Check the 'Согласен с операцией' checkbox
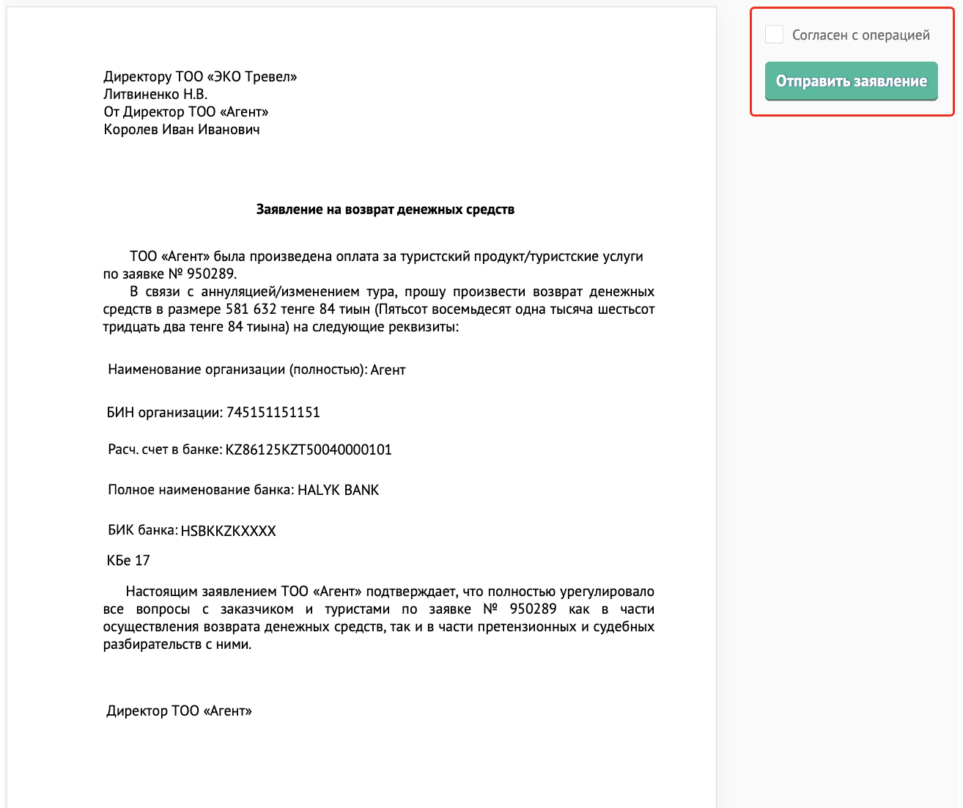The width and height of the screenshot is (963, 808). tap(774, 34)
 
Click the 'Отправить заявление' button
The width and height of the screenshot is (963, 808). tap(851, 81)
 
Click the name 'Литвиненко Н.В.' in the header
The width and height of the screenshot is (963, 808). tap(155, 95)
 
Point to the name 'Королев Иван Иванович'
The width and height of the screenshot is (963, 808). tap(182, 130)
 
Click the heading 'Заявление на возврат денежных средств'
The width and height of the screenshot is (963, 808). tap(385, 210)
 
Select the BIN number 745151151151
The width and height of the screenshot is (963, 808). tap(273, 412)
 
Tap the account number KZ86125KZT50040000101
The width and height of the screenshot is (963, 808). tap(309, 449)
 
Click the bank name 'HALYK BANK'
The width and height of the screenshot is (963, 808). tap(338, 490)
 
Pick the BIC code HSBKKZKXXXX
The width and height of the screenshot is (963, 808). tap(228, 531)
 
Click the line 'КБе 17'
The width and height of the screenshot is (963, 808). tap(128, 561)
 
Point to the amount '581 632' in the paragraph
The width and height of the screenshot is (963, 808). tap(251, 309)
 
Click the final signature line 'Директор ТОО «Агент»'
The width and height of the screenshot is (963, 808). tap(179, 710)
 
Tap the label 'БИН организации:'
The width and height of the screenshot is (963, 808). tap(164, 412)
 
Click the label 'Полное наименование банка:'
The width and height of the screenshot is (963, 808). tap(201, 490)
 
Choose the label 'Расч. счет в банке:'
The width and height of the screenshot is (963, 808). tap(165, 449)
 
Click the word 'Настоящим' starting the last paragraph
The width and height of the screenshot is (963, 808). tap(161, 592)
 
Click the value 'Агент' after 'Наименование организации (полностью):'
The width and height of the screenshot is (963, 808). tap(388, 370)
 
